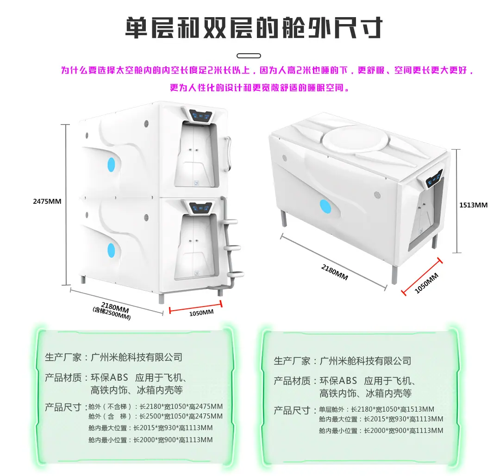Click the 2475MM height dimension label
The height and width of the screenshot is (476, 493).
47,201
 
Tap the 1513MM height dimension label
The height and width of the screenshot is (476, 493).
473,205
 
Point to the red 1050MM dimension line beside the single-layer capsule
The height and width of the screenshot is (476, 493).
422,277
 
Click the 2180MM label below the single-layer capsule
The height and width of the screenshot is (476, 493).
335,272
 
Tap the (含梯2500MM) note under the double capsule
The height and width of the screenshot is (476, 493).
112,313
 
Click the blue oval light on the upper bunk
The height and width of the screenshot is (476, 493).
111,165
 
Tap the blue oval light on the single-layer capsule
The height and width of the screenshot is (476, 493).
325,206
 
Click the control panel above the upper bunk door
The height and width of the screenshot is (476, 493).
200,115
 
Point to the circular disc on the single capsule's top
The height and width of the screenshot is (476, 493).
356,140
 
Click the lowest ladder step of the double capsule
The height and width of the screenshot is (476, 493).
236,274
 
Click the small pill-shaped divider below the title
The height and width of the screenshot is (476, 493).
249,56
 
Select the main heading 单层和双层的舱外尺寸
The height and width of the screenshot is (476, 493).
254,28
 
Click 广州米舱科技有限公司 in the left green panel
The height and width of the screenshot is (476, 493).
137,357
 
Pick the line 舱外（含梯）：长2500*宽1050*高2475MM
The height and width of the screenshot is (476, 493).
156,416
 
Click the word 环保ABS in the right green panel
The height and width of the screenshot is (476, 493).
338,381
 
